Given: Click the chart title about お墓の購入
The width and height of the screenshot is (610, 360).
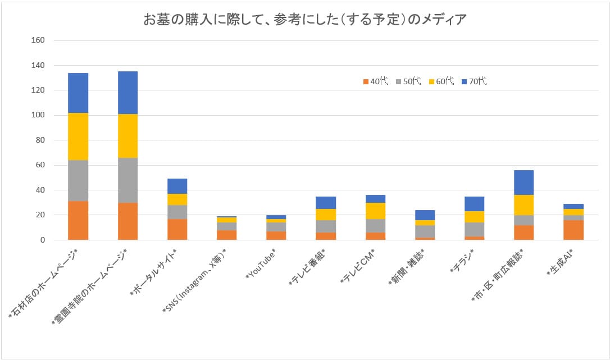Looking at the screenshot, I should point(305,20).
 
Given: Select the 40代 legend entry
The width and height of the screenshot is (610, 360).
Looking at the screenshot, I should point(375,81).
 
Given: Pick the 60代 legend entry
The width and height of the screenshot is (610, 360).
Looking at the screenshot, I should point(441,81).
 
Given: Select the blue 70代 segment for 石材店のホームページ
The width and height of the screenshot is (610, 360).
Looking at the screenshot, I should point(78,93).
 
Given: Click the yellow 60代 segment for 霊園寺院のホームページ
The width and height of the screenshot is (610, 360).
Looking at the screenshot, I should point(128,136).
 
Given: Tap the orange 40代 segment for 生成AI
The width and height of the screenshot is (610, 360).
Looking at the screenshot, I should point(573,230).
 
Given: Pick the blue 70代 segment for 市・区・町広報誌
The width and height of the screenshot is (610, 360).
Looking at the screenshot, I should point(523,183).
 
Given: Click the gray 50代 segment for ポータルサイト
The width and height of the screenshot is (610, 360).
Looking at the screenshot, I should point(177,212).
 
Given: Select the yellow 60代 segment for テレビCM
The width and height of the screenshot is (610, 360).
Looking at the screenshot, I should point(375,211).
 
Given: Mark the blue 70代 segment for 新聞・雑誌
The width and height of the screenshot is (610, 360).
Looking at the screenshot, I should point(425,215).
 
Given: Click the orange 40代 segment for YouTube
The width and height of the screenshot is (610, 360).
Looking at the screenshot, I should point(276,235).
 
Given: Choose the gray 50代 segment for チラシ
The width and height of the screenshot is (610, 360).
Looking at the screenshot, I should point(474,229).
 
